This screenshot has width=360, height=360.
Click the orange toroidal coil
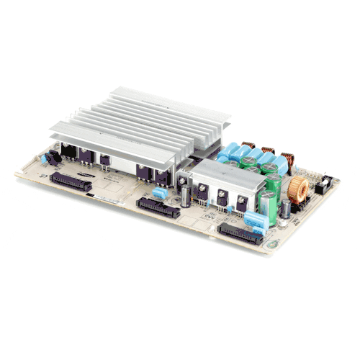[x=300, y=189]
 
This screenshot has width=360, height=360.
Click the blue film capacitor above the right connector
[x=253, y=219]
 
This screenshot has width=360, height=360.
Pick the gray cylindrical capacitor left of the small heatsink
[x=186, y=195]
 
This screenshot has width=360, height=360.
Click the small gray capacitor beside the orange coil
[x=286, y=209]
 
